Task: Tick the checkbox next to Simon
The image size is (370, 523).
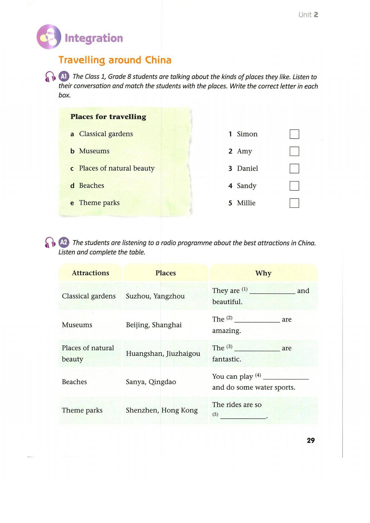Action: tap(294, 134)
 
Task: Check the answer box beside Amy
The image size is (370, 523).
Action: tap(294, 151)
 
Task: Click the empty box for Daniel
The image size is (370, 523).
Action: tap(294, 169)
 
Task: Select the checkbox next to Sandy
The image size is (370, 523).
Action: tap(294, 186)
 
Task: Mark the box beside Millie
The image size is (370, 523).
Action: tap(294, 203)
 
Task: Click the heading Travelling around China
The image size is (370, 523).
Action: tap(115, 60)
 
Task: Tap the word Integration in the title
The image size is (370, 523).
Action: tap(94, 38)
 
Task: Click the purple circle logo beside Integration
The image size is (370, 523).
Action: tap(49, 37)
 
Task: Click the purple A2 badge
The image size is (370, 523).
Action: tap(64, 242)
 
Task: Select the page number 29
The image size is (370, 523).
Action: tap(310, 440)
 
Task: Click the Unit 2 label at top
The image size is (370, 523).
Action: tap(308, 15)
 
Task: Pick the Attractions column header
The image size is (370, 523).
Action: tap(90, 273)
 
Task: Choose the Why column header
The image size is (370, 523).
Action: tap(263, 273)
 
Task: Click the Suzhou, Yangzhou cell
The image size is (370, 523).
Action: tap(155, 296)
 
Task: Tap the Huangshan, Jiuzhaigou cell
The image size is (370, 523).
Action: tap(163, 354)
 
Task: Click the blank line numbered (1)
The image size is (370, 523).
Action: tap(272, 291)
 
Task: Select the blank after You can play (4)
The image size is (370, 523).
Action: tap(286, 377)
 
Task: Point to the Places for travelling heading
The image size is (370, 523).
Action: tap(108, 117)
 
